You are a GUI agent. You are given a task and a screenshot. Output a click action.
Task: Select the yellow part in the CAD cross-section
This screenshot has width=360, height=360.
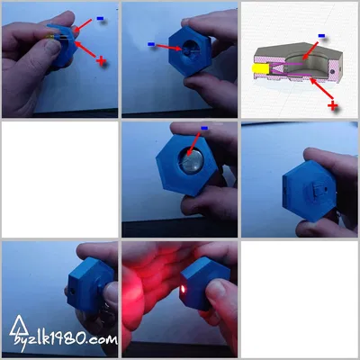click(x=259, y=67)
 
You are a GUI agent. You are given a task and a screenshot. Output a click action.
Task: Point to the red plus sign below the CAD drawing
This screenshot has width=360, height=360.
click(x=333, y=106)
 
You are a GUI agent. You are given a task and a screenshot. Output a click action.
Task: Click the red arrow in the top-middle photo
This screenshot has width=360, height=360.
click(x=169, y=45)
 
